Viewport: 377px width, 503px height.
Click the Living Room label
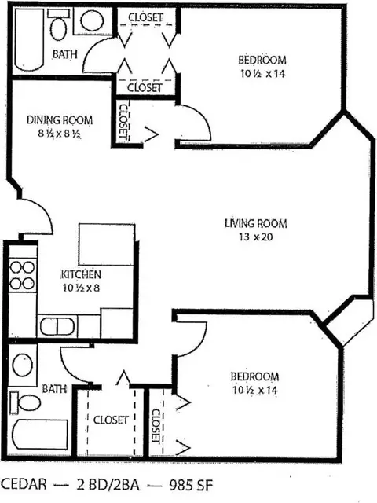pyautogui.click(x=255, y=223)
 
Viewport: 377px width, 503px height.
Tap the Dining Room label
pyautogui.click(x=60, y=120)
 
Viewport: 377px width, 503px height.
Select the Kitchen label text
pyautogui.click(x=81, y=274)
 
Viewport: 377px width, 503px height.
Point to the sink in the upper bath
pyautogui.click(x=92, y=21)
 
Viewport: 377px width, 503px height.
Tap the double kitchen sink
pyautogui.click(x=57, y=327)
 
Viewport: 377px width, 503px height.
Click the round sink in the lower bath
pyautogui.click(x=23, y=365)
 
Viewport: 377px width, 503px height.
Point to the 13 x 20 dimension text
pyautogui.click(x=255, y=237)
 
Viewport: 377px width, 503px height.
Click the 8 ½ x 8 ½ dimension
pyautogui.click(x=59, y=134)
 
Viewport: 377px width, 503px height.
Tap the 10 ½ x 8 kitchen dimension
pyautogui.click(x=81, y=288)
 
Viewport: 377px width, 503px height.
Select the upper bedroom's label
pyautogui.click(x=262, y=60)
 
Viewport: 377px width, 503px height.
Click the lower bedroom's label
pyautogui.click(x=254, y=376)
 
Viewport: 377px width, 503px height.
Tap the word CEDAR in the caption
pyautogui.click(x=24, y=484)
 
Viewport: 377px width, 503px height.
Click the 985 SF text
pyautogui.click(x=191, y=484)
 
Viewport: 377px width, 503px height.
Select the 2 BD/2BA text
pyautogui.click(x=108, y=484)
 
